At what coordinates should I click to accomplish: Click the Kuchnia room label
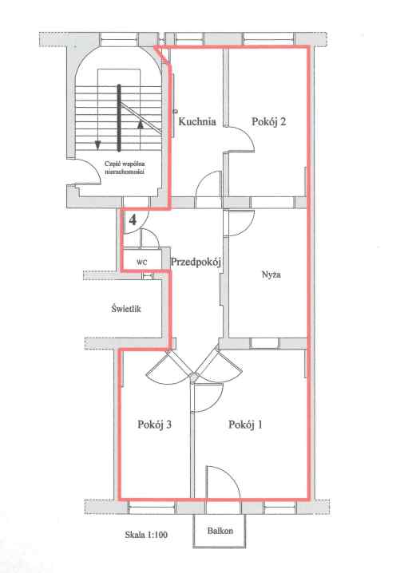(197, 121)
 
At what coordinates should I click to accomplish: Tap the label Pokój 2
(268, 121)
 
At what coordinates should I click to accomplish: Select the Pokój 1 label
(245, 425)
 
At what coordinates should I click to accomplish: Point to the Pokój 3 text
(155, 425)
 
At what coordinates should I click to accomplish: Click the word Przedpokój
(196, 262)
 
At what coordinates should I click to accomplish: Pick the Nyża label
(271, 274)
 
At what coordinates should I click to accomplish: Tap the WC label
(142, 263)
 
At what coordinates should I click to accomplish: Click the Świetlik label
(126, 309)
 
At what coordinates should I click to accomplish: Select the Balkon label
(220, 531)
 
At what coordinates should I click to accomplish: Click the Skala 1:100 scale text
(146, 535)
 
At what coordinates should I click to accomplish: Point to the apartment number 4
(133, 220)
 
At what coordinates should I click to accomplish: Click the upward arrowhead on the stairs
(140, 124)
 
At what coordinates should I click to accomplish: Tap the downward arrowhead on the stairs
(97, 145)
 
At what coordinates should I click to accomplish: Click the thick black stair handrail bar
(119, 117)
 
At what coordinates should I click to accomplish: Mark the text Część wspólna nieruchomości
(125, 168)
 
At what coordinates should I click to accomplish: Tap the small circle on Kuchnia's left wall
(176, 111)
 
